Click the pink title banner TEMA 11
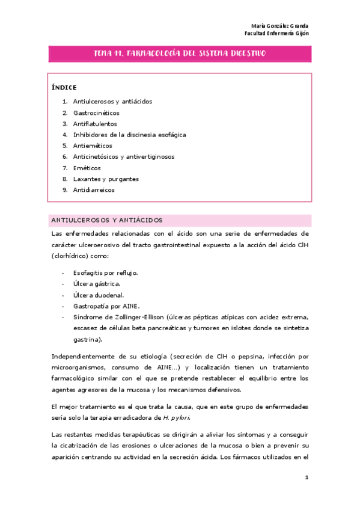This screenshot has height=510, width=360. tap(180, 54)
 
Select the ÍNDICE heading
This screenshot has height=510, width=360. tap(64, 87)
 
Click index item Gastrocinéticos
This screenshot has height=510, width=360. tap(96, 112)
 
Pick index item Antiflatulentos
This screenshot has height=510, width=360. tap(95, 123)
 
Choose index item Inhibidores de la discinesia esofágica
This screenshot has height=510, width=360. tap(129, 135)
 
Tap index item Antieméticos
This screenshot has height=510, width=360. tap(93, 146)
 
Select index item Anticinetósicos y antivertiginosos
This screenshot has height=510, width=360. tap(124, 156)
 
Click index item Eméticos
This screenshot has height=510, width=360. tap(87, 168)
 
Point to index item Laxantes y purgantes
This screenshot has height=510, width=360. tap(106, 179)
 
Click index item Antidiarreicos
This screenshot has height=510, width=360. tap(94, 190)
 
